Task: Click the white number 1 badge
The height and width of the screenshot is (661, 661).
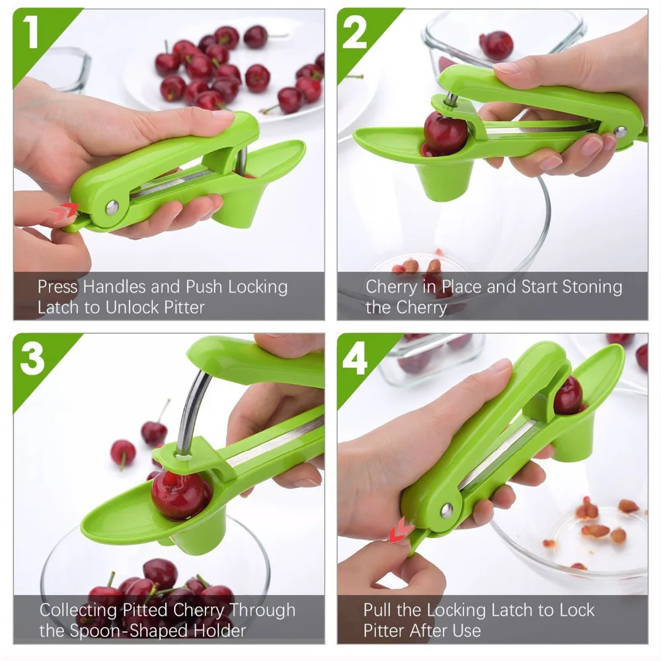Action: [31, 32]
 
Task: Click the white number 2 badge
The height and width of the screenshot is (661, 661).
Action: [354, 33]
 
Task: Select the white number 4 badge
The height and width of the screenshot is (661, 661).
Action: [355, 358]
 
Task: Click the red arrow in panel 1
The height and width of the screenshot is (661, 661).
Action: [64, 212]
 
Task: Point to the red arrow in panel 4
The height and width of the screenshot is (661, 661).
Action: [399, 529]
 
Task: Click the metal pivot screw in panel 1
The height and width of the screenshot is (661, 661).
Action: [112, 208]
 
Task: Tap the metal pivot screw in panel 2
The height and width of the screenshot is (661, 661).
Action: [620, 132]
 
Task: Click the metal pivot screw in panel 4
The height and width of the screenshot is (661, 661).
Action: [447, 510]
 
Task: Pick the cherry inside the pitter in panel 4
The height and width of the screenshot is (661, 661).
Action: [568, 395]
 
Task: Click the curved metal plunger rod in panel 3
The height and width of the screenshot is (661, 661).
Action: [192, 411]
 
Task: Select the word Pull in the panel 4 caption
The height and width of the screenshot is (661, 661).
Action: [377, 609]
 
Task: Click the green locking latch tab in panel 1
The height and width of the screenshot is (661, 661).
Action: [76, 224]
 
